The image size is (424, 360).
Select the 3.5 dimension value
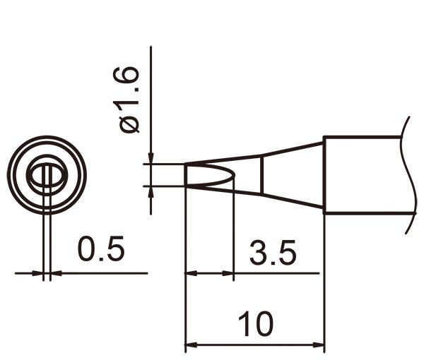coord(272,252)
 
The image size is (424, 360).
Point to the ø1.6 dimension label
coord(130,99)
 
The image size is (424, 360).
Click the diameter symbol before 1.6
coord(130,125)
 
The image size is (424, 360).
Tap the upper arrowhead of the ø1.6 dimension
coord(151,159)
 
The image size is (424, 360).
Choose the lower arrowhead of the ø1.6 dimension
coord(151,191)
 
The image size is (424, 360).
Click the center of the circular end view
coord(47,174)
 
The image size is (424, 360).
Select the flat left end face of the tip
coord(185,175)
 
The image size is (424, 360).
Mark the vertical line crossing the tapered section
coord(263,174)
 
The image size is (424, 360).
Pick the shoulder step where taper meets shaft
coord(324,174)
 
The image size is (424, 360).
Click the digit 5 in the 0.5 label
coord(114,249)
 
